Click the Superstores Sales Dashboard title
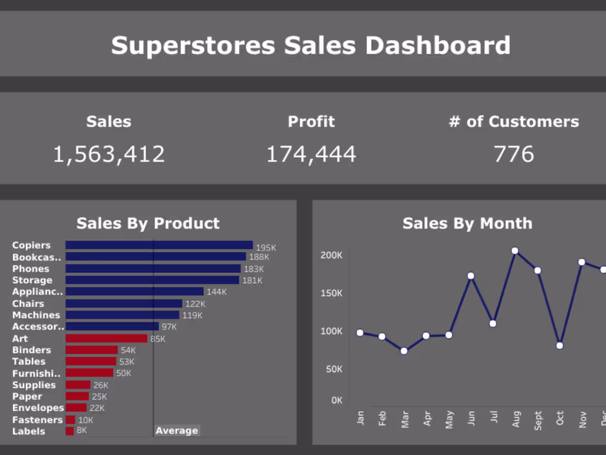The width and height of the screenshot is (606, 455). [x=311, y=45]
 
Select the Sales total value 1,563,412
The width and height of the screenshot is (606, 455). [x=109, y=154]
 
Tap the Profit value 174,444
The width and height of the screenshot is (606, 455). [x=311, y=154]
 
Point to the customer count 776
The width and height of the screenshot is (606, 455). [x=513, y=154]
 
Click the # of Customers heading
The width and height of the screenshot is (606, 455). [x=513, y=122]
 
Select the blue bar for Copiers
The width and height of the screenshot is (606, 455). [x=159, y=245]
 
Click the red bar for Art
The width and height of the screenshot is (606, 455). [x=106, y=338]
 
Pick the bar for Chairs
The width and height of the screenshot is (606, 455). [x=123, y=304]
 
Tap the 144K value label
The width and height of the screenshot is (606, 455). [x=217, y=292]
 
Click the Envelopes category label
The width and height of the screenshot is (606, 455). [x=38, y=408]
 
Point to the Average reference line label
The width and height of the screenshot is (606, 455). [x=176, y=431]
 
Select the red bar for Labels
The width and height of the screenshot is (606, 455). [x=69, y=431]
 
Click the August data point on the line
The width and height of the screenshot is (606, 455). [x=515, y=251]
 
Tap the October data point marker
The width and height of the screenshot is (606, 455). [x=560, y=345]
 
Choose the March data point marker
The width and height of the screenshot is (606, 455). [x=404, y=351]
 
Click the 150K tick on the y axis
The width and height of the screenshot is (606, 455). [x=331, y=293]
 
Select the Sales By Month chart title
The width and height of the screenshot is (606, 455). [x=467, y=223]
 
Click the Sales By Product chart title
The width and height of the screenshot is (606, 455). [x=148, y=223]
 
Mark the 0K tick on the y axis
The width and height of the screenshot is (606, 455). [x=337, y=400]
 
